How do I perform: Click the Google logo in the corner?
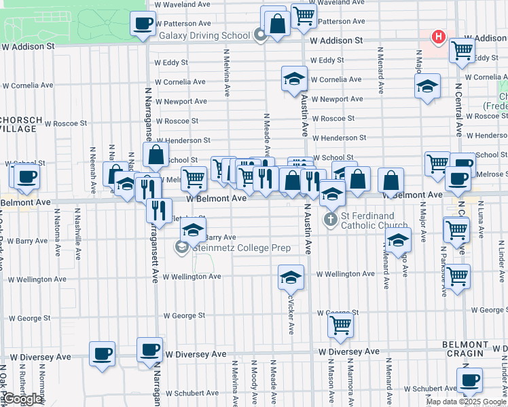[x=22, y=399]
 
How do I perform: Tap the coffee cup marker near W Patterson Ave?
[x=143, y=24]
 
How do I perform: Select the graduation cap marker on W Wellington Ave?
[x=291, y=277]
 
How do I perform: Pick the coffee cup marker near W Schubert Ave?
[x=469, y=380]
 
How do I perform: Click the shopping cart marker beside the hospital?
[x=462, y=50]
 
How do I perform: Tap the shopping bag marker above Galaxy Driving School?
[x=277, y=24]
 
